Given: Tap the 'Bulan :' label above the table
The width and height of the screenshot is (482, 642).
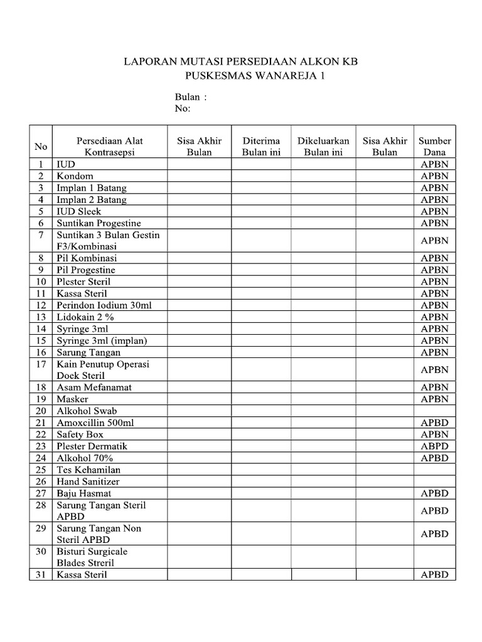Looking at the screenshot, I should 190,97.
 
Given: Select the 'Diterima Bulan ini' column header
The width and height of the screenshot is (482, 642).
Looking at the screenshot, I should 261,146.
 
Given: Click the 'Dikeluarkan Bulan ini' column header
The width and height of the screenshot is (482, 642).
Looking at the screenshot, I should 323,146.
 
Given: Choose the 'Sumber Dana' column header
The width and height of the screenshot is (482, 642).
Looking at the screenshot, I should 434,146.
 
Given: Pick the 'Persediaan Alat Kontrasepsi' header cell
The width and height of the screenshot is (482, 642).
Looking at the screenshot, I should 110,146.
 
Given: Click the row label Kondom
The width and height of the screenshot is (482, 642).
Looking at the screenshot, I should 75,176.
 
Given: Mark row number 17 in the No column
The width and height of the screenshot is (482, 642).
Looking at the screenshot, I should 41,364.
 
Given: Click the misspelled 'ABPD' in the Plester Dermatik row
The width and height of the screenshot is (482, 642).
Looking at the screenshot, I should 434,446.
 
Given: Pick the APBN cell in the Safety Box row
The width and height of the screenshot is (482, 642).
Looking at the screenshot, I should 434,434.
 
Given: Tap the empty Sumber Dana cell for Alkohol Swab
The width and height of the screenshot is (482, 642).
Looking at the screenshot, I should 434,411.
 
